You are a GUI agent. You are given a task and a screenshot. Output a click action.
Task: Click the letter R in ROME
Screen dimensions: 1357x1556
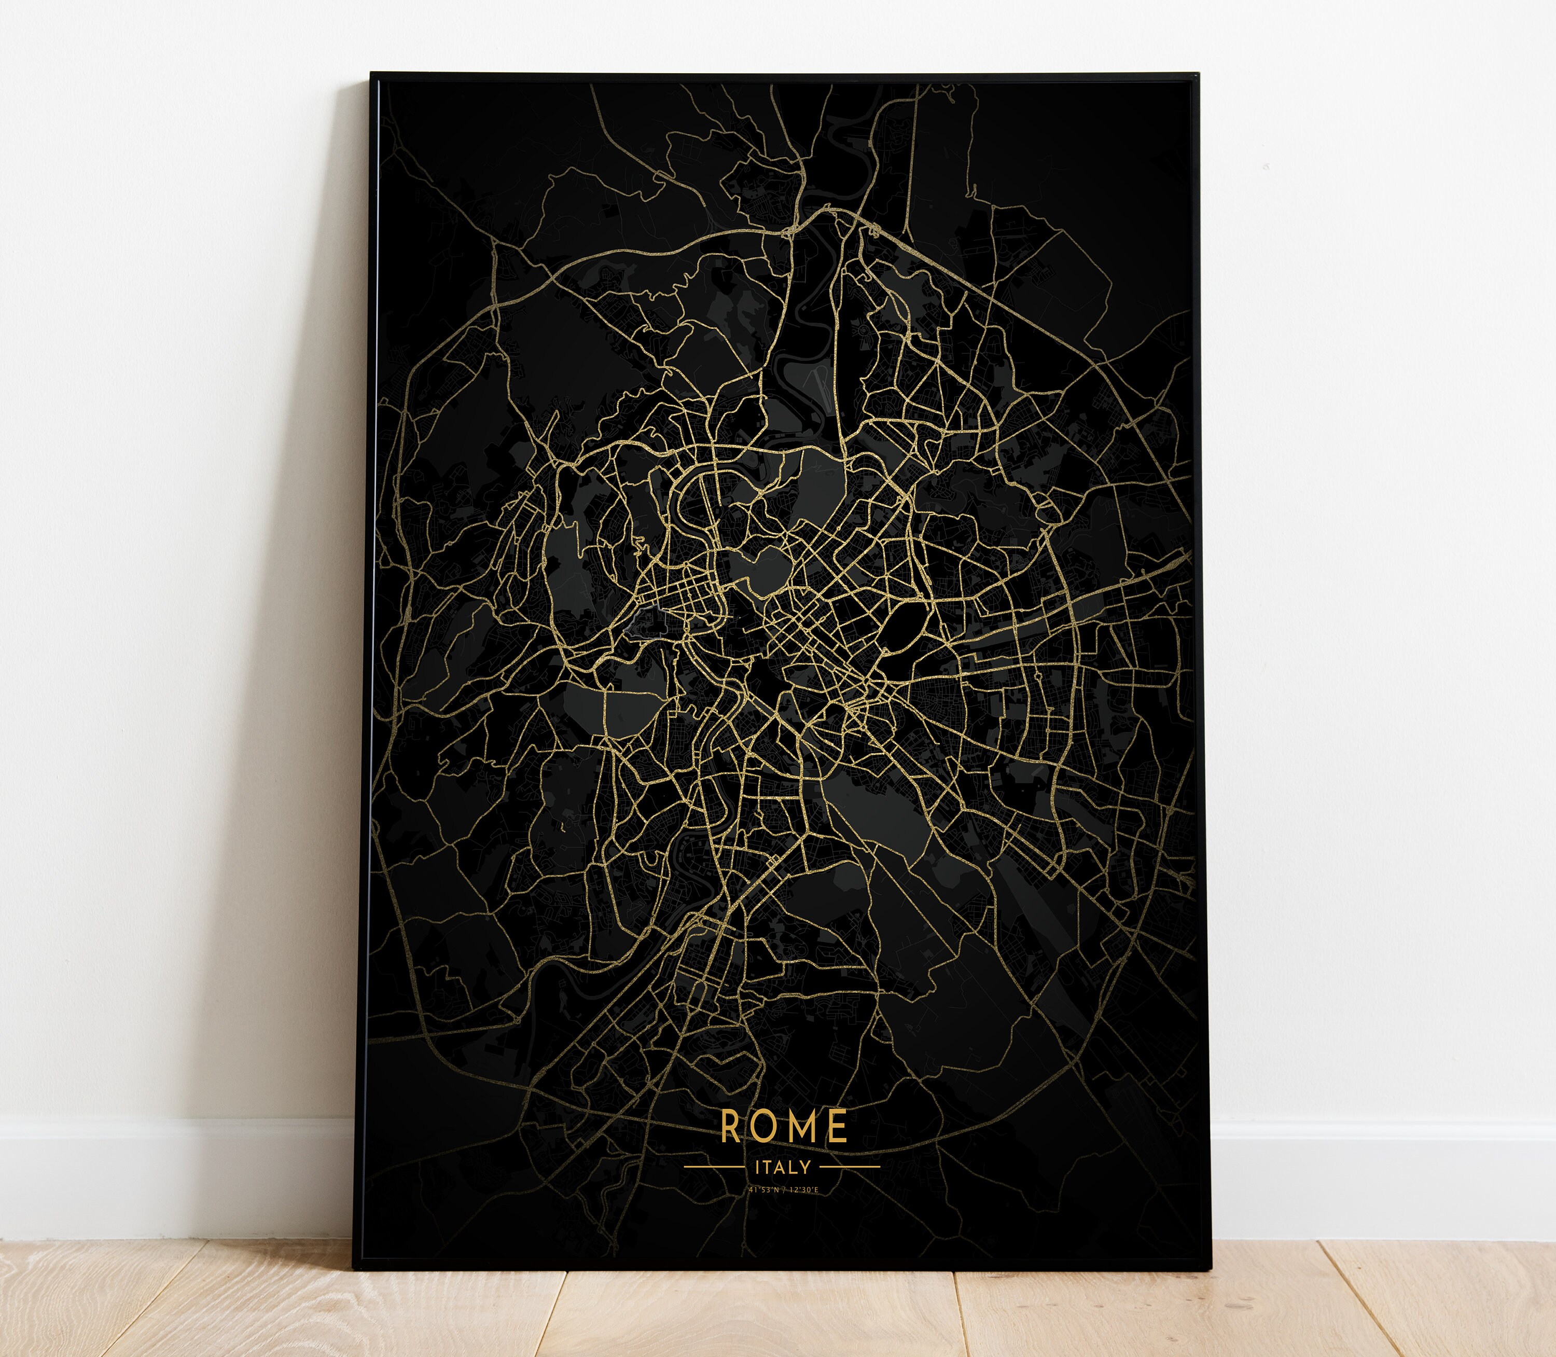pyautogui.click(x=730, y=1127)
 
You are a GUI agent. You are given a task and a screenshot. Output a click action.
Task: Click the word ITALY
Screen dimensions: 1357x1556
pyautogui.click(x=783, y=1167)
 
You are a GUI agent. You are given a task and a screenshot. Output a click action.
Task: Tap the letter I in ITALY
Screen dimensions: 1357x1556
pyautogui.click(x=757, y=1167)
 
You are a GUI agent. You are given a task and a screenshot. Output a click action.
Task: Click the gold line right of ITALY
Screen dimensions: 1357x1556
pyautogui.click(x=850, y=1167)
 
